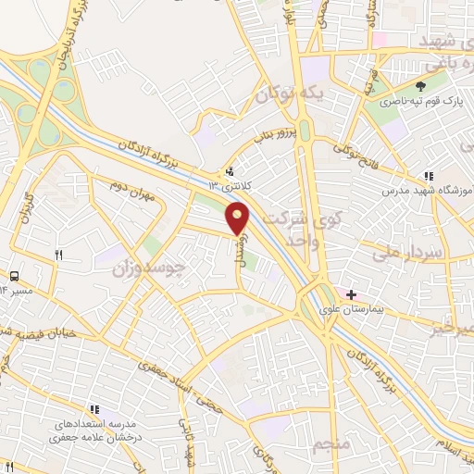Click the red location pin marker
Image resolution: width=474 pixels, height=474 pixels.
[238, 217]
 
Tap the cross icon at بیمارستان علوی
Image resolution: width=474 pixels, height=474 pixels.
[351, 294]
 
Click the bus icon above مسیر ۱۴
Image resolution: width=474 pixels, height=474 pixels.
[14, 276]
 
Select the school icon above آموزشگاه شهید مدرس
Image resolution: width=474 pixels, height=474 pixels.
[428, 176]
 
